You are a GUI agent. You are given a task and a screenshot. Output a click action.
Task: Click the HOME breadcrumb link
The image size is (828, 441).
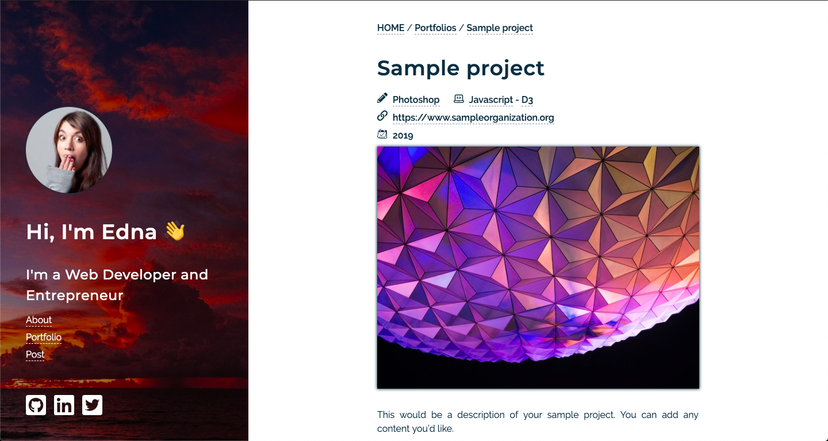[390, 28]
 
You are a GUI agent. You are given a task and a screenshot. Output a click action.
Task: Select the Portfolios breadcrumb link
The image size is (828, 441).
[435, 28]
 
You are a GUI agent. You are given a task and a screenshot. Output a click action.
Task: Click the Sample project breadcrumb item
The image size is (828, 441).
[499, 28]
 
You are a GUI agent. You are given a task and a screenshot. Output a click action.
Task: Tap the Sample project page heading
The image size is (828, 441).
[460, 68]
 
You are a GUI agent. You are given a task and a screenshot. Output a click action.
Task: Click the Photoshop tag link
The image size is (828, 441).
[416, 100]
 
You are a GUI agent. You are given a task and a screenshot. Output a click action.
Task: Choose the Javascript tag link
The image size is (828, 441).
[490, 100]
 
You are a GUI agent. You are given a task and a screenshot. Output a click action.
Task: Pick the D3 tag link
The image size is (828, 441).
[527, 100]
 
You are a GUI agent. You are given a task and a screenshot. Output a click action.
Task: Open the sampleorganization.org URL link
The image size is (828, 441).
[473, 118]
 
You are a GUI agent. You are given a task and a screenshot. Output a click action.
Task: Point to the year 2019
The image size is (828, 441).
[402, 136]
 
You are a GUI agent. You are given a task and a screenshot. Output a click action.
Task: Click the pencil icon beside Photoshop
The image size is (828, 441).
[382, 98]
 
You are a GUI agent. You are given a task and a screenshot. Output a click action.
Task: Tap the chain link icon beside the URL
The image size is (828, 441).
[382, 116]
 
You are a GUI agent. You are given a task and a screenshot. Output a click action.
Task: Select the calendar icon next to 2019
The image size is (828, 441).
[382, 134]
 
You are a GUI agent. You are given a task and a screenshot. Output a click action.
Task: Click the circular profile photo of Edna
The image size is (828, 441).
[69, 150]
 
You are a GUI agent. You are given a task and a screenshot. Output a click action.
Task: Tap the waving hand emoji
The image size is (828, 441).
[175, 232]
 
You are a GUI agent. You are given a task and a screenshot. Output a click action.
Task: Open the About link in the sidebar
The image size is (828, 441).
[39, 320]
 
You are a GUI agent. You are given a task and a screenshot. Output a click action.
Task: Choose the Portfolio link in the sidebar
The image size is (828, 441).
[43, 338]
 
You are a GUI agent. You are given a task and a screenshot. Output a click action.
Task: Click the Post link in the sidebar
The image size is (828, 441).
[35, 355]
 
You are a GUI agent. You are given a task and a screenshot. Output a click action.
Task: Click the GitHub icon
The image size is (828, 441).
[36, 405]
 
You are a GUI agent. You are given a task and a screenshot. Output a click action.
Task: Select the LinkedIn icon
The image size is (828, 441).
[64, 405]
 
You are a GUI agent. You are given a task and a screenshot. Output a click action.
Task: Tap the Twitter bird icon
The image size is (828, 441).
[92, 405]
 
